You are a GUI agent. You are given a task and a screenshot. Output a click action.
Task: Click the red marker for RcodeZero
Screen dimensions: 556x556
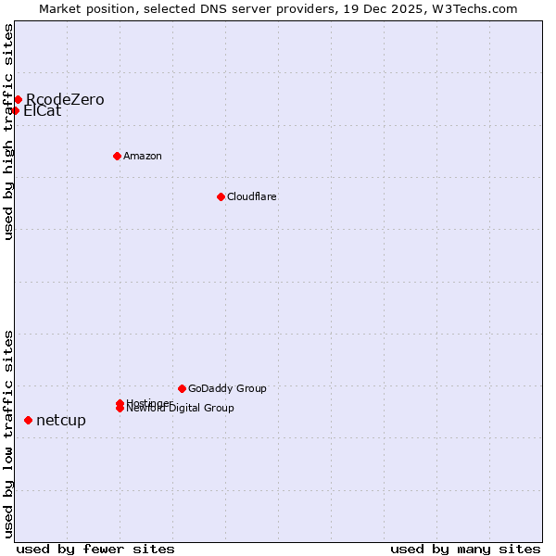(x=18, y=99)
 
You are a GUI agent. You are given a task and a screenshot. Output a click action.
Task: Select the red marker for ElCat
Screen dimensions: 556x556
(x=15, y=110)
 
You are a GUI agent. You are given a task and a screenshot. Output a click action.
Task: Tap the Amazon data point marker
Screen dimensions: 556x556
(x=117, y=156)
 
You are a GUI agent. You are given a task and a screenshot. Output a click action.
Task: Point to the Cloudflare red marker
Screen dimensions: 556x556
(x=221, y=196)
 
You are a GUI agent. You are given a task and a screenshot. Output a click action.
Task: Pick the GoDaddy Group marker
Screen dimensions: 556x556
(x=182, y=388)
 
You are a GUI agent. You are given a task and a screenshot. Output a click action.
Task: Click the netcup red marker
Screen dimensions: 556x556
(x=28, y=420)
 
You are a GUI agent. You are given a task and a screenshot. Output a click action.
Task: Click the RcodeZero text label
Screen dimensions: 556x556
(x=65, y=100)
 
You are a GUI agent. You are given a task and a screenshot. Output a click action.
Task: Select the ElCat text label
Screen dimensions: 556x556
(x=43, y=111)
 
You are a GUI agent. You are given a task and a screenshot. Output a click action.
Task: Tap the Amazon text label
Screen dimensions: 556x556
(x=143, y=156)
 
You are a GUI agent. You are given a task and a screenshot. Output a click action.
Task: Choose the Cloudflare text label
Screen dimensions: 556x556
(x=252, y=196)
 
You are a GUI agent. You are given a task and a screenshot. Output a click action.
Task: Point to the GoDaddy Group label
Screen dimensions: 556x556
(x=227, y=388)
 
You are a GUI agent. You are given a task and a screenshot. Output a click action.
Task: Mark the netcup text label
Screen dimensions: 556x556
(x=61, y=421)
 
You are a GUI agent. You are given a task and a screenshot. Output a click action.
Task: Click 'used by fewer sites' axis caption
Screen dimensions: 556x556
(x=95, y=550)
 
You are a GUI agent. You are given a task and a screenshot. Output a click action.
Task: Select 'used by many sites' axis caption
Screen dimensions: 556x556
(x=465, y=550)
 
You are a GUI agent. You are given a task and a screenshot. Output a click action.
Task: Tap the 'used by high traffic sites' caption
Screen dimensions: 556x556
(x=8, y=132)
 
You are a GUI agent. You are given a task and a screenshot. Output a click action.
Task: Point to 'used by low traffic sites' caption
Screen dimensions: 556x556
(x=8, y=434)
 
